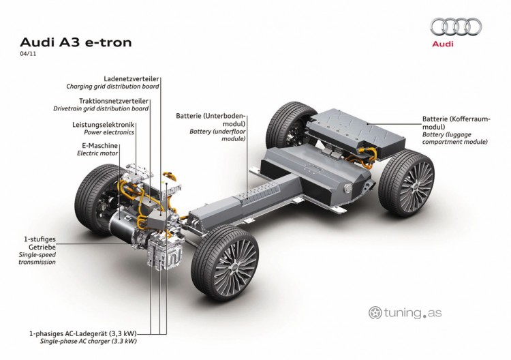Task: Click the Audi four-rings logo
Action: (x=456, y=27)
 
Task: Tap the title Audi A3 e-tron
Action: (x=76, y=42)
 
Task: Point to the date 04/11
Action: (x=28, y=54)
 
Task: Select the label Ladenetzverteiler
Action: (x=131, y=79)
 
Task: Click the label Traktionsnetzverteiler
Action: (x=114, y=101)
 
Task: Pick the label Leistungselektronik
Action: (x=104, y=125)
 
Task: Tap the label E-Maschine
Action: (x=99, y=145)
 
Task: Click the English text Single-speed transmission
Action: (x=37, y=258)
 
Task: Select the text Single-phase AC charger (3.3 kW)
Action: (x=89, y=342)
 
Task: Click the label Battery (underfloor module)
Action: (x=218, y=135)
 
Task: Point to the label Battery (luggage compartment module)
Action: (x=455, y=138)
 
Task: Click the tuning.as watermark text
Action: (x=413, y=313)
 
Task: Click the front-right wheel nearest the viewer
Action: (x=225, y=262)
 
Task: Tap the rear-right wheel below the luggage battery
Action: (x=406, y=183)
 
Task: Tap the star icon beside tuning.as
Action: (x=375, y=313)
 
